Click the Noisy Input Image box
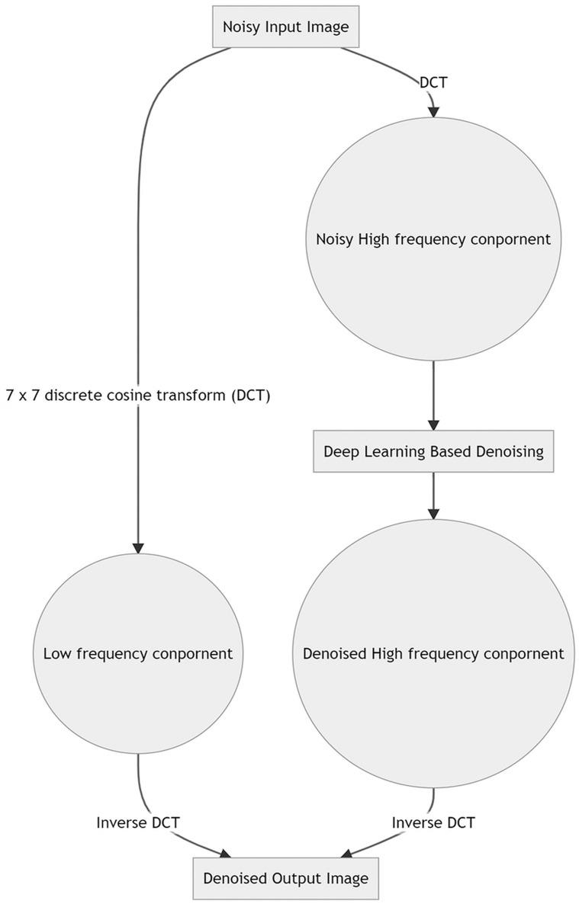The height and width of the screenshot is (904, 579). tap(285, 27)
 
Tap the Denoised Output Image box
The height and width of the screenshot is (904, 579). tap(285, 878)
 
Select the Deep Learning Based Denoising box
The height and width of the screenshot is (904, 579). tap(433, 451)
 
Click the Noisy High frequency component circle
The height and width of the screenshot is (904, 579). tap(433, 239)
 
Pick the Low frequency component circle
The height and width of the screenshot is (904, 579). tap(138, 653)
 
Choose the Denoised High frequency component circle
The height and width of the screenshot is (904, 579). tap(433, 653)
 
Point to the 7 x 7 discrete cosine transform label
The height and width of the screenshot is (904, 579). tap(138, 396)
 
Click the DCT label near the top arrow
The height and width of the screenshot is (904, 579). tap(433, 82)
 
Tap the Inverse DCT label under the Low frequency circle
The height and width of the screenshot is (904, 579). tap(138, 822)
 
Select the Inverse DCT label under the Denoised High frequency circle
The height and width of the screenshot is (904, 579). tap(433, 822)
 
